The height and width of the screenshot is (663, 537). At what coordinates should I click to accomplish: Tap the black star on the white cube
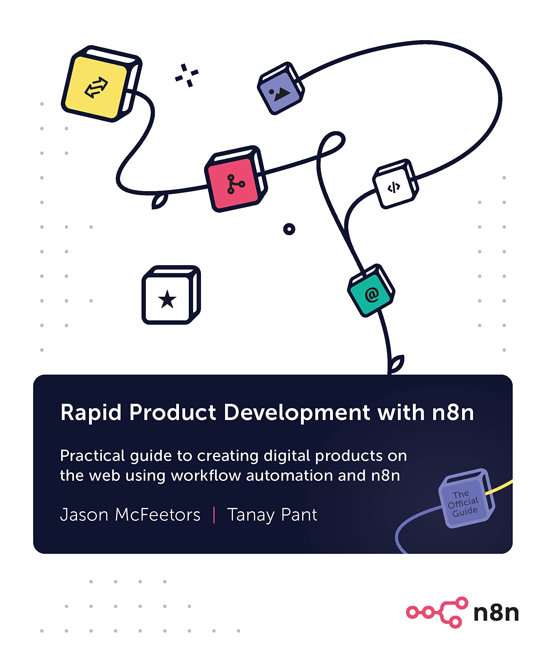tap(167, 299)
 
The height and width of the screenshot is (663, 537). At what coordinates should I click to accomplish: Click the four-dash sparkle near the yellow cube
tap(187, 75)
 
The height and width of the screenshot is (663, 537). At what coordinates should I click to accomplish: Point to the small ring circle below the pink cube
tap(289, 229)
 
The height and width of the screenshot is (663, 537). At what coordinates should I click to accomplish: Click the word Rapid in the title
tap(91, 413)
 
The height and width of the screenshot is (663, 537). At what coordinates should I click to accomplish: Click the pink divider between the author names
tap(214, 515)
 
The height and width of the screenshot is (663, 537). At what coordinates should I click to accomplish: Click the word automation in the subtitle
tap(289, 476)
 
